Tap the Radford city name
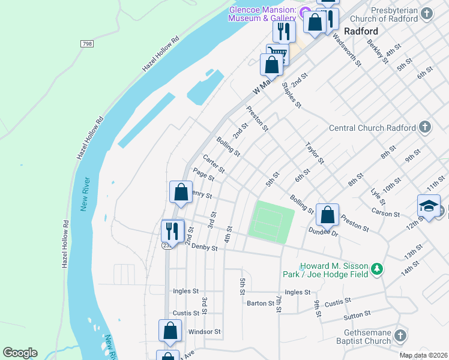pos(361,31)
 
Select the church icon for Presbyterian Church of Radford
pos(426,13)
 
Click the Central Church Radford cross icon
pos(424,127)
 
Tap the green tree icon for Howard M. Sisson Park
pos(376,269)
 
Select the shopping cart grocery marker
pos(277,53)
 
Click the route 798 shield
pos(87,44)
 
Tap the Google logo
pos(20,353)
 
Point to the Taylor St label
pos(315,153)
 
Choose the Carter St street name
pos(214,164)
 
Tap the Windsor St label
pos(205,331)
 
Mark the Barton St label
pos(261,303)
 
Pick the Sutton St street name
pos(357,315)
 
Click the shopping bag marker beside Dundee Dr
pos(327,214)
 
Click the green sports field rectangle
pos(270,221)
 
